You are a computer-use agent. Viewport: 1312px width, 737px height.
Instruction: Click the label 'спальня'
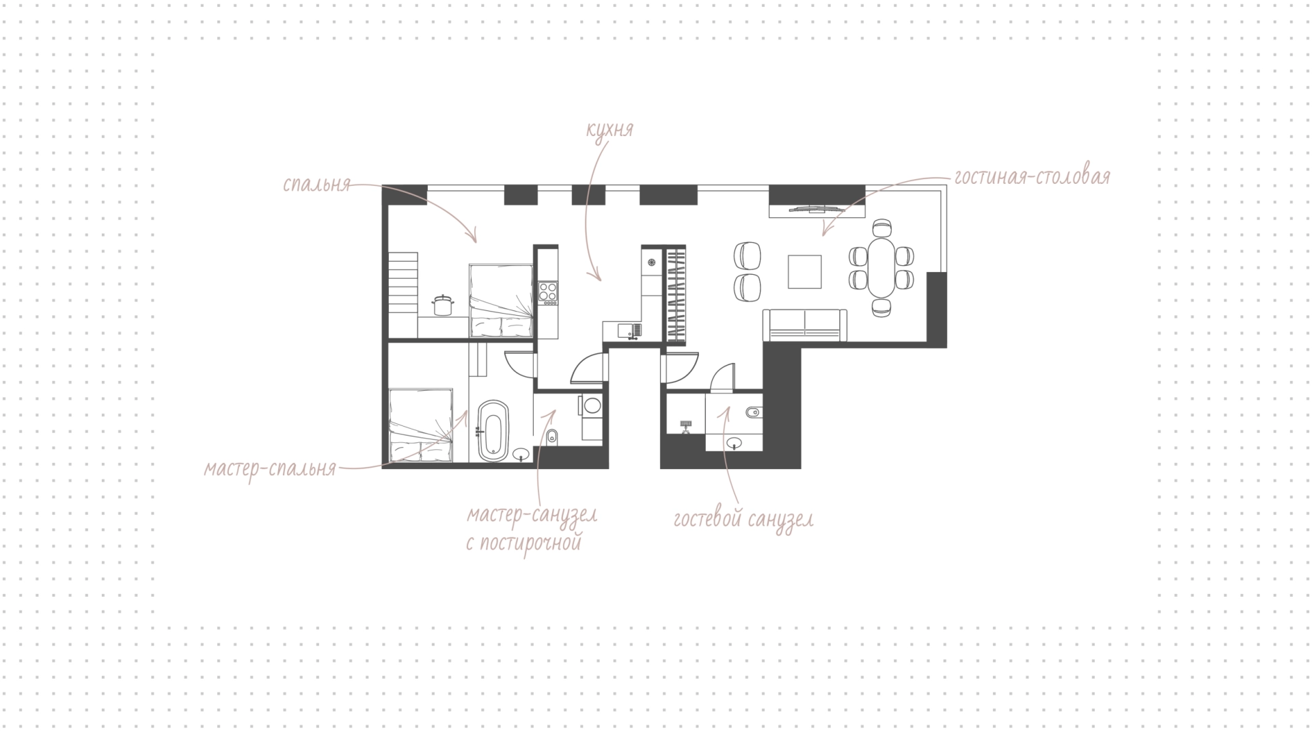point(316,185)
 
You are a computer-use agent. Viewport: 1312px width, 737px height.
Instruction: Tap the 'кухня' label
point(610,130)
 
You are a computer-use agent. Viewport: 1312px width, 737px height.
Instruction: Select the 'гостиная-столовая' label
point(1032,177)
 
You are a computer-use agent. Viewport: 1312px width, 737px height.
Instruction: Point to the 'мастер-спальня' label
point(270,469)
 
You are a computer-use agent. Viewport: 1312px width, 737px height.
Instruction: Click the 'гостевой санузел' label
point(743,520)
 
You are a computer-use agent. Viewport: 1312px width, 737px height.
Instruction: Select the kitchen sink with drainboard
point(629,331)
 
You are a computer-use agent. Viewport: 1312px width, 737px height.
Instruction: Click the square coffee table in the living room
point(805,271)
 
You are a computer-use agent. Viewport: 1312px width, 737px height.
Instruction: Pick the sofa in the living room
point(805,325)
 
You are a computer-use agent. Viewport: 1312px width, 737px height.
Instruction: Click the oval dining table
point(881,267)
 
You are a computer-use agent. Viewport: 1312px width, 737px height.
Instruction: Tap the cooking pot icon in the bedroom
point(443,304)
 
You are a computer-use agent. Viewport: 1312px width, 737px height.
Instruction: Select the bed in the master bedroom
point(420,426)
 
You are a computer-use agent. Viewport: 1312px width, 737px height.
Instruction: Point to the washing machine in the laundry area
point(591,405)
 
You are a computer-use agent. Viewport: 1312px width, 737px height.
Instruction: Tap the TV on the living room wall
point(817,210)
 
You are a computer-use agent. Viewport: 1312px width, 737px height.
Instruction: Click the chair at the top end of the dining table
point(882,228)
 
